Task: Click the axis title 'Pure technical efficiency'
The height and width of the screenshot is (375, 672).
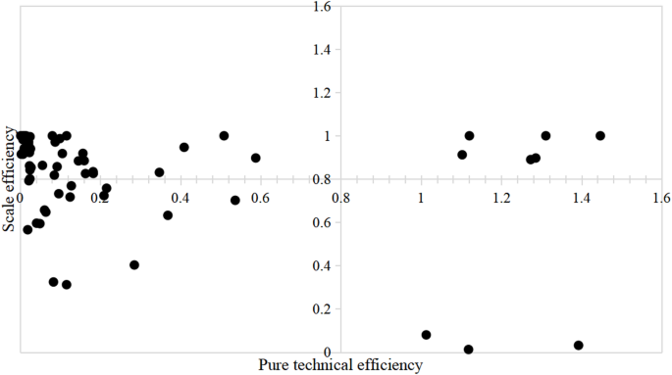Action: pyautogui.click(x=339, y=364)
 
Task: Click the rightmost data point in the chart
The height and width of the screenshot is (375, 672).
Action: pyautogui.click(x=600, y=136)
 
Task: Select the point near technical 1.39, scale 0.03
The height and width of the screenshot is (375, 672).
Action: pyautogui.click(x=579, y=346)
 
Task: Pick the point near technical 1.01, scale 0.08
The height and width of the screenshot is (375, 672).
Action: pyautogui.click(x=426, y=335)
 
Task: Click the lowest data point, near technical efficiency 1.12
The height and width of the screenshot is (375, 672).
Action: pyautogui.click(x=469, y=350)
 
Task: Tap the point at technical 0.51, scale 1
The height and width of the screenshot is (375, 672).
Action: pyautogui.click(x=224, y=136)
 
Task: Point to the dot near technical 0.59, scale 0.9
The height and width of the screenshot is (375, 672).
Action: pyautogui.click(x=256, y=158)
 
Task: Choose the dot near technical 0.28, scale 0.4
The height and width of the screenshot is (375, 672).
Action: pyautogui.click(x=134, y=265)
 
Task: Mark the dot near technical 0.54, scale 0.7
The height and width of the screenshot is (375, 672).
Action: pyautogui.click(x=235, y=201)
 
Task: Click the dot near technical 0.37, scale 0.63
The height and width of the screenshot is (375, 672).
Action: pyautogui.click(x=168, y=215)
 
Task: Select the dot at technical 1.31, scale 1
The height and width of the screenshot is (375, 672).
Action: pyautogui.click(x=545, y=136)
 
